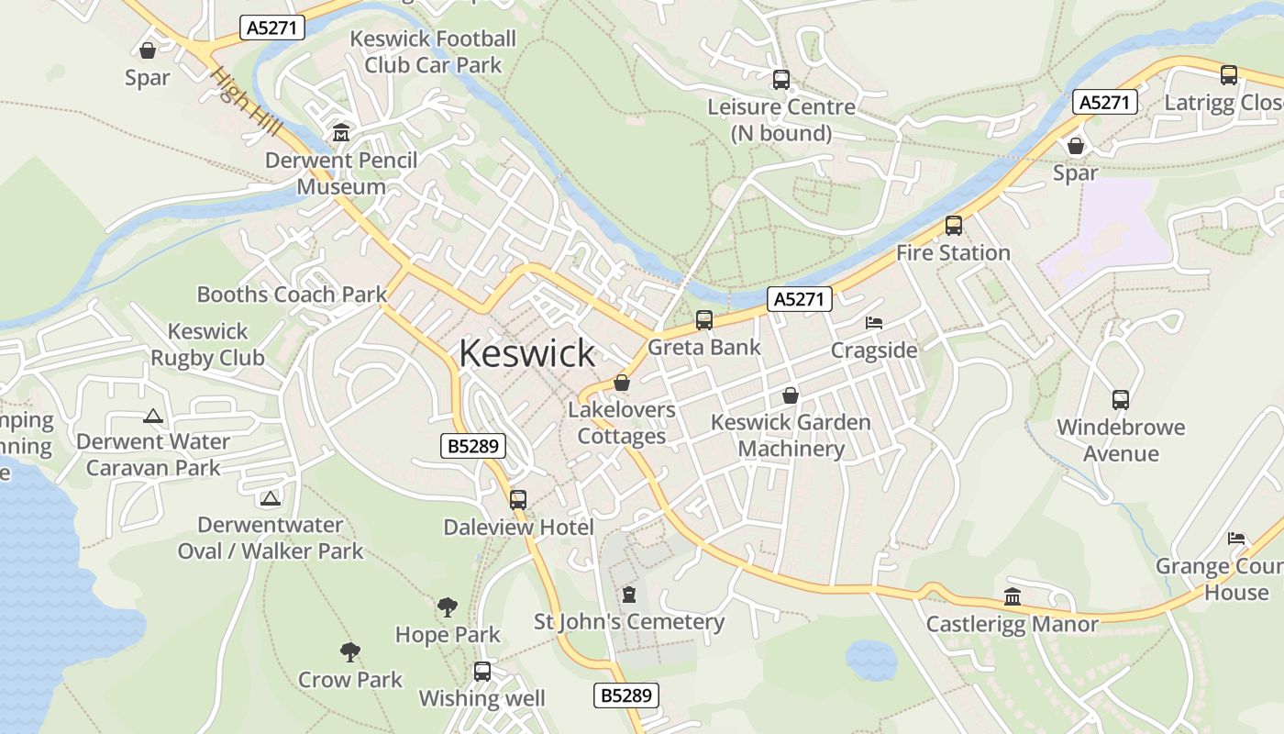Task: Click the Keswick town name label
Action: pyautogui.click(x=526, y=353)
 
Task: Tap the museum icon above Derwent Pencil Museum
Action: pyautogui.click(x=341, y=133)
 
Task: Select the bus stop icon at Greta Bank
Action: pyautogui.click(x=703, y=320)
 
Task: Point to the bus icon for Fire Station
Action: pyautogui.click(x=954, y=226)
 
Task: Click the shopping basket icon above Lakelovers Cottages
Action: pyautogui.click(x=622, y=383)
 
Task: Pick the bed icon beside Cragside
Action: pyautogui.click(x=874, y=324)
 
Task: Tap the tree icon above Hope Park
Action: pyautogui.click(x=447, y=606)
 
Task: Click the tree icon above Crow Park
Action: pyautogui.click(x=349, y=652)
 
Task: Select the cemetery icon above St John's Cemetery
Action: pyautogui.click(x=628, y=595)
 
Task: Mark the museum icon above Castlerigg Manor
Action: pyautogui.click(x=1013, y=597)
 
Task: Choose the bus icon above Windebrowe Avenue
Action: pyautogui.click(x=1120, y=400)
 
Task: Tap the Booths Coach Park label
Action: pyautogui.click(x=292, y=295)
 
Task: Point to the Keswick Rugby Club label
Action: pyautogui.click(x=207, y=345)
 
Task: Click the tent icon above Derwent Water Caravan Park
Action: pyautogui.click(x=153, y=416)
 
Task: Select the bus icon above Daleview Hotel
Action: pyautogui.click(x=518, y=500)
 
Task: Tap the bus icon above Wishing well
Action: pyautogui.click(x=482, y=672)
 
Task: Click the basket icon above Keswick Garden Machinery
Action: pyautogui.click(x=790, y=395)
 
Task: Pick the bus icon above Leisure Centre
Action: pyautogui.click(x=780, y=80)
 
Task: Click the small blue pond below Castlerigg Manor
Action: pyautogui.click(x=870, y=659)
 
